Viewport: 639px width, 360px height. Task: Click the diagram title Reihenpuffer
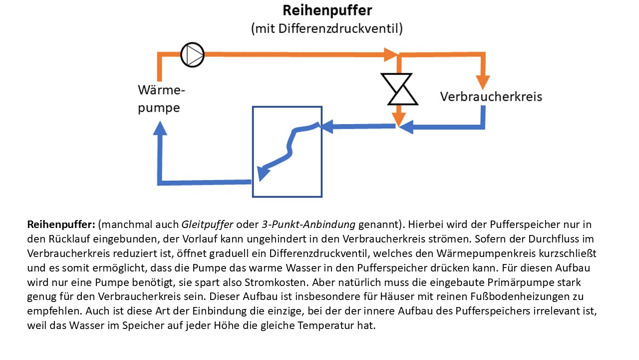coord(327,11)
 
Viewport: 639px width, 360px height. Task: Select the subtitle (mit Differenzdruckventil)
coord(326,28)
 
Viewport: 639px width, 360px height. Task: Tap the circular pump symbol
coord(192,54)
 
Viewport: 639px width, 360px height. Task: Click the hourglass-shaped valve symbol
coord(399,89)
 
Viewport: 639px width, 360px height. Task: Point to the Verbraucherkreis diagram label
coord(491,96)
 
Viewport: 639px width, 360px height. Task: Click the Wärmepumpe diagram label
coord(161,99)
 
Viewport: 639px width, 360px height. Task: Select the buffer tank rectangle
coord(287,151)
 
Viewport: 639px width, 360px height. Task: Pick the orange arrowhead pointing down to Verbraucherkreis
coord(482,81)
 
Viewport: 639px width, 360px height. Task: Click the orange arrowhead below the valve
coord(398,118)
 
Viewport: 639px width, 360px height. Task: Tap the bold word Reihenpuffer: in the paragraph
coord(61,224)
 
